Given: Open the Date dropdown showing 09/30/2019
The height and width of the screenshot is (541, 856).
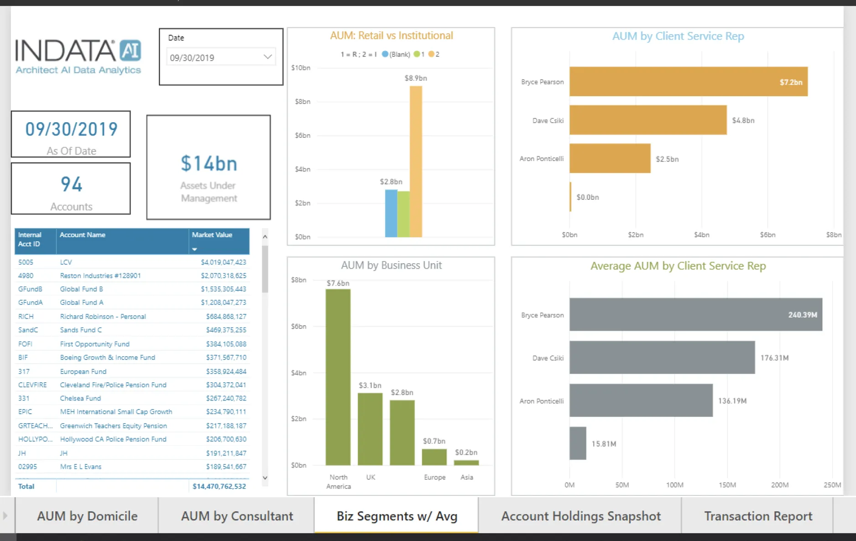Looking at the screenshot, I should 267,57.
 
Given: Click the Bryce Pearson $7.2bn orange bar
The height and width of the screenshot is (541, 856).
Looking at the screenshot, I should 688,82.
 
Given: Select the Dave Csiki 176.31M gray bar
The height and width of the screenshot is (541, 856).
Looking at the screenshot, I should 662,358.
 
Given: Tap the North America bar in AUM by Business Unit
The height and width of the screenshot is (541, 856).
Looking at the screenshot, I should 338,377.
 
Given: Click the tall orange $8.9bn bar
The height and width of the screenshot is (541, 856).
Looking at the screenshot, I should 416,161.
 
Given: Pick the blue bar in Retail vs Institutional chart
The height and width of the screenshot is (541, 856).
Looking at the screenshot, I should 391,213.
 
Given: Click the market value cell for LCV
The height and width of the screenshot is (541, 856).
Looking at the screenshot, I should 223,262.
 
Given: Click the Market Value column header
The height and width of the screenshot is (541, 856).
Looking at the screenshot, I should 212,235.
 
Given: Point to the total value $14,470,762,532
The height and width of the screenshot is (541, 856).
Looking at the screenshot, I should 219,486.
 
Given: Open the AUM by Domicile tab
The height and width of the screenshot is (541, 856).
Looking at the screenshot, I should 87,516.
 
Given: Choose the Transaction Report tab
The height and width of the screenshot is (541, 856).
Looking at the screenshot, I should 758,516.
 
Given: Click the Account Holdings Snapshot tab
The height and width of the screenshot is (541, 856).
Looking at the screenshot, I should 580,516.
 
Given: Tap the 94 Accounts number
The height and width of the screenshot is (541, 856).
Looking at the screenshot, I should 72,184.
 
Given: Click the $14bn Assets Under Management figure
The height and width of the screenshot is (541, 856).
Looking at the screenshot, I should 209,164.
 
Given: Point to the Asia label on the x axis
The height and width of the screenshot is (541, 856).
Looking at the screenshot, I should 466,477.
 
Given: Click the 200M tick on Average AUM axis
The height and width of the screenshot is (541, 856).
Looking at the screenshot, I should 779,485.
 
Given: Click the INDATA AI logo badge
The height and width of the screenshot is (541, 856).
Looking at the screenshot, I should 130,51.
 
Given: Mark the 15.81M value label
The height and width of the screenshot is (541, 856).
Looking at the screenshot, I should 604,444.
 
